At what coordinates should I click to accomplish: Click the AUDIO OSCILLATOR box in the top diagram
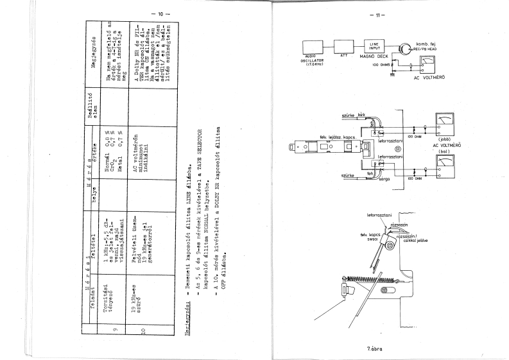317,47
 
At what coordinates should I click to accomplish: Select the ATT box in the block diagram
344,47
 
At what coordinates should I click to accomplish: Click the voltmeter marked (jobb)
444,124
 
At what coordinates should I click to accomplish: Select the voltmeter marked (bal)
444,172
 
